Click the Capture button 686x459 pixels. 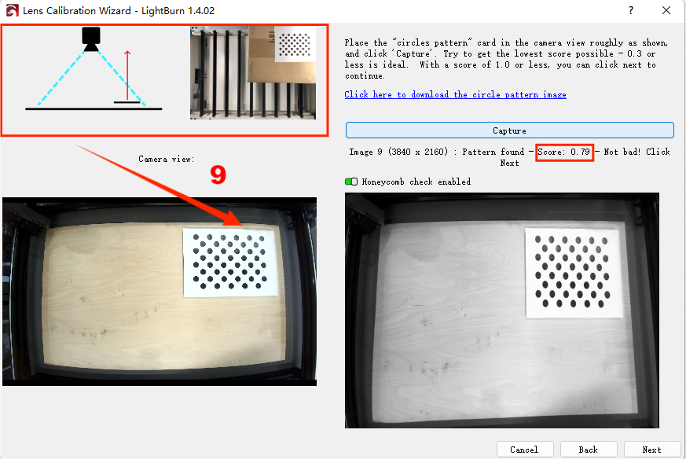(509, 130)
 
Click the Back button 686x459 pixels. (589, 450)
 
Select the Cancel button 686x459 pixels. (525, 450)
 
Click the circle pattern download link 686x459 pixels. (455, 94)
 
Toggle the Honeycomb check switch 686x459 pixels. (351, 182)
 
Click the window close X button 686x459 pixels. (666, 10)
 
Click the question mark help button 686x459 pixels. (631, 10)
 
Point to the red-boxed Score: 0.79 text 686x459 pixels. (564, 152)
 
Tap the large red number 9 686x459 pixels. (218, 174)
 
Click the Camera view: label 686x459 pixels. (167, 159)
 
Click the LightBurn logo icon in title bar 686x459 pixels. (12, 10)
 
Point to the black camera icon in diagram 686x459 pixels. (91, 39)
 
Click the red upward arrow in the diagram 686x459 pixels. (127, 75)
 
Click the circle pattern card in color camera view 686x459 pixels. (230, 262)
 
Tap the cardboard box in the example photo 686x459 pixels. (281, 55)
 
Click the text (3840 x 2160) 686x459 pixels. (418, 152)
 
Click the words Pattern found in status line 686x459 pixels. (493, 152)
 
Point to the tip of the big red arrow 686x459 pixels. (241, 226)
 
